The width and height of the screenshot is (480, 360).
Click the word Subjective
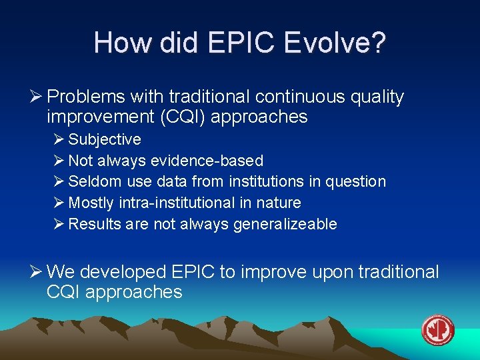coord(105,139)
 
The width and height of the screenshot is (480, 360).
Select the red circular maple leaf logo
coord(438,331)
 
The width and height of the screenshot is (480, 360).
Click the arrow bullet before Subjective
coord(59,139)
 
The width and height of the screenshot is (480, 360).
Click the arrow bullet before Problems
coord(37,97)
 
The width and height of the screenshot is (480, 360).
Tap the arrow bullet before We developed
coord(37,272)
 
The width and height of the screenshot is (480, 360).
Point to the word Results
coord(92,224)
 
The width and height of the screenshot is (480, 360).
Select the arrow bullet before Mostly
coord(59,203)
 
